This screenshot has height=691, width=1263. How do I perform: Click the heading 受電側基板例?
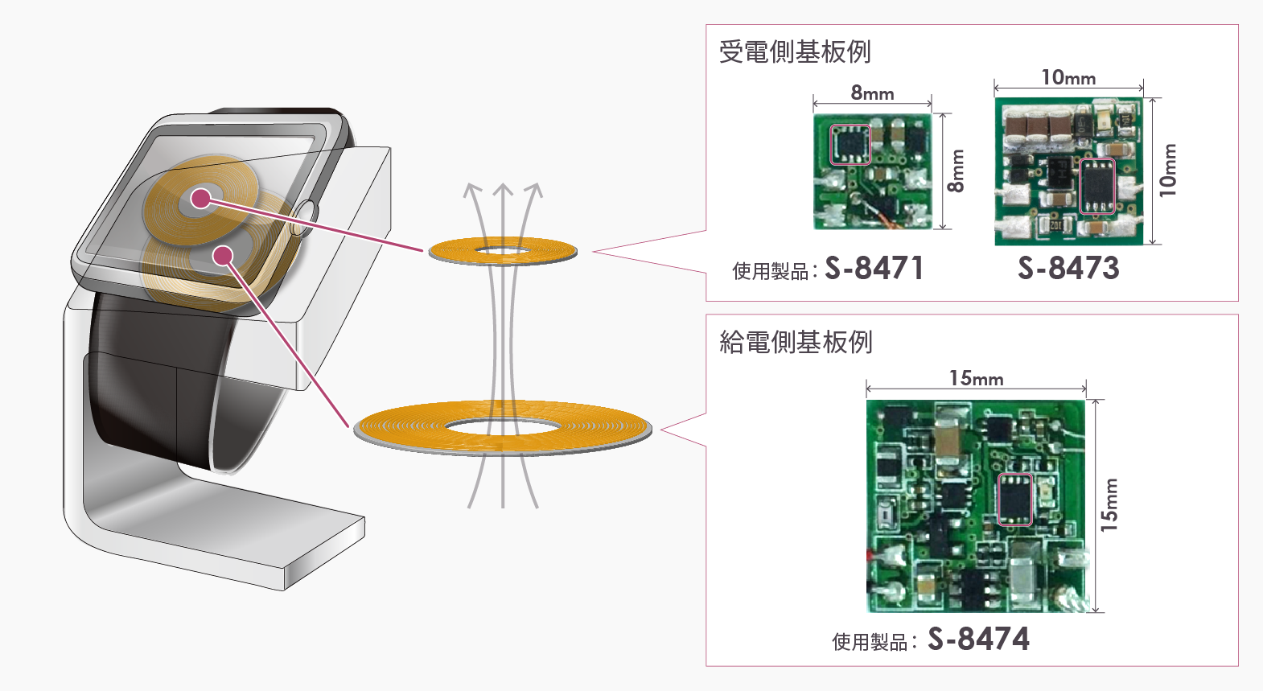click(x=795, y=52)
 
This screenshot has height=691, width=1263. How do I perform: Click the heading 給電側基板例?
click(x=796, y=343)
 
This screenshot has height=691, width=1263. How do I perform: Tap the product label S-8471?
click(x=874, y=269)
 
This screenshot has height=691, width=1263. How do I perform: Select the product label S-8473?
click(x=1068, y=269)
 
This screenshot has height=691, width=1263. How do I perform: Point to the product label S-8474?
click(x=978, y=640)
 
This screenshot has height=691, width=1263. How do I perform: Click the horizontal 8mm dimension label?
click(x=872, y=93)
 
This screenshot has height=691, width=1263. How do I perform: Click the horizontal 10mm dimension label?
click(x=1068, y=78)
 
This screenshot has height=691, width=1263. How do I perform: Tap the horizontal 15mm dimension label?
click(x=976, y=378)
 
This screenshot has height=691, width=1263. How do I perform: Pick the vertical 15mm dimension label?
click(x=1109, y=505)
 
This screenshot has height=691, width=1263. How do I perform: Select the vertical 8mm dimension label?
click(x=956, y=171)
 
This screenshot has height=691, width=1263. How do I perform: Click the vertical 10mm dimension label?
click(x=1168, y=171)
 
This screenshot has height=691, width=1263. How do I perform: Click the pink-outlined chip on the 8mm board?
click(x=850, y=145)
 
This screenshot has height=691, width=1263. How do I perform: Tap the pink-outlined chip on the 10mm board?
click(x=1096, y=187)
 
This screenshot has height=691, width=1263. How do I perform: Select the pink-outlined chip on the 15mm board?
click(x=1014, y=499)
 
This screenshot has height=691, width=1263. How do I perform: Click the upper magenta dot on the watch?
click(x=200, y=198)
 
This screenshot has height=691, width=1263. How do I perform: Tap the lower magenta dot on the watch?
click(x=223, y=256)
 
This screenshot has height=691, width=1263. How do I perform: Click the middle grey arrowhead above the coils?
click(x=503, y=191)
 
